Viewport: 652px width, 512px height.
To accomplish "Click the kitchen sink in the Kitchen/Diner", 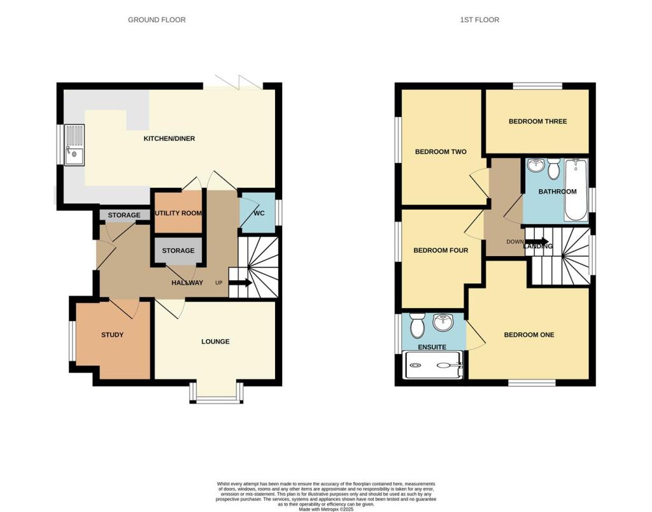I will [74, 144].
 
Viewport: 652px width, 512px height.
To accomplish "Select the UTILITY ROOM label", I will [178, 213].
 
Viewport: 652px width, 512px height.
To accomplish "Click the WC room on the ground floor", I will [259, 212].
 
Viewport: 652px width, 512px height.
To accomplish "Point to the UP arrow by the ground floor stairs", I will [239, 283].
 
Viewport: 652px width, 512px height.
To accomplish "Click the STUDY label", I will [112, 335].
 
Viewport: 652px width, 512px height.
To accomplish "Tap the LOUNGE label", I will [215, 342].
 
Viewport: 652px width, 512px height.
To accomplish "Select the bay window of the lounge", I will [216, 395].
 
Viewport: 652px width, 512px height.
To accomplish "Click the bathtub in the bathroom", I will [576, 189].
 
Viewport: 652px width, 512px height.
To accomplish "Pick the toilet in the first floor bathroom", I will [553, 169].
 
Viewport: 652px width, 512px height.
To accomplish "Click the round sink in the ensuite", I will [443, 323].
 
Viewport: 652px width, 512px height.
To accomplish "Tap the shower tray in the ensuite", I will [434, 366].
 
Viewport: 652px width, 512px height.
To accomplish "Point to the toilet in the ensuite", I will [418, 327].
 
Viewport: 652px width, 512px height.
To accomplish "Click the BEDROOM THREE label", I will [537, 122].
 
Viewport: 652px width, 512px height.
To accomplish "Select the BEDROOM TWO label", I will [441, 152].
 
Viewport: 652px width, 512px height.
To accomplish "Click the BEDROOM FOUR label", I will [441, 250].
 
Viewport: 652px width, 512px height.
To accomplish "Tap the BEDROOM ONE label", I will [529, 335].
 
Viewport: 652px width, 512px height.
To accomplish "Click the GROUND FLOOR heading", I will [157, 20].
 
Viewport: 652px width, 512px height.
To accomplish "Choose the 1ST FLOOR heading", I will [479, 20].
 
